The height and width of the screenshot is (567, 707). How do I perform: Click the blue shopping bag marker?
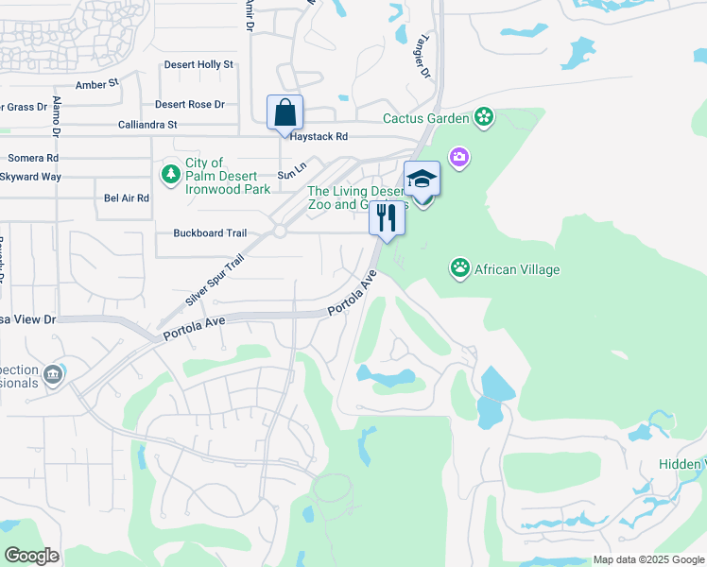[285, 113]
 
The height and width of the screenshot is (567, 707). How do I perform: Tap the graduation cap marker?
[422, 179]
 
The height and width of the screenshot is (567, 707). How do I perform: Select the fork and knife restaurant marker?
[387, 218]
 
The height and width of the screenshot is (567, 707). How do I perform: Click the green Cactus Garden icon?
[484, 118]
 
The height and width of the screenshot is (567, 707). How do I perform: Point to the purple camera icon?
[459, 156]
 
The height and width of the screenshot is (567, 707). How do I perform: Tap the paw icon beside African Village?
[459, 269]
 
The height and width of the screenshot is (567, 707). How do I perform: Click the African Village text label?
[518, 269]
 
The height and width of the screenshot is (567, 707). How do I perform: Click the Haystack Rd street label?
[319, 137]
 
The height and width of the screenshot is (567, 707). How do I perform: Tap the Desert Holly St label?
[198, 64]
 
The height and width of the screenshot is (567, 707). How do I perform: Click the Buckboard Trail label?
[210, 233]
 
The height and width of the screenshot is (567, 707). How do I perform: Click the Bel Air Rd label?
[127, 198]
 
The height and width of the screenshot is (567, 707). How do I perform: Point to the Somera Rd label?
[33, 158]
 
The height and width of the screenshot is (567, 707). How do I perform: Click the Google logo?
[30, 556]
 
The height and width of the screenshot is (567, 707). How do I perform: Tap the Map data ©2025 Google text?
[647, 560]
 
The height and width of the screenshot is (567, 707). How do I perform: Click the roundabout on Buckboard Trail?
[279, 232]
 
